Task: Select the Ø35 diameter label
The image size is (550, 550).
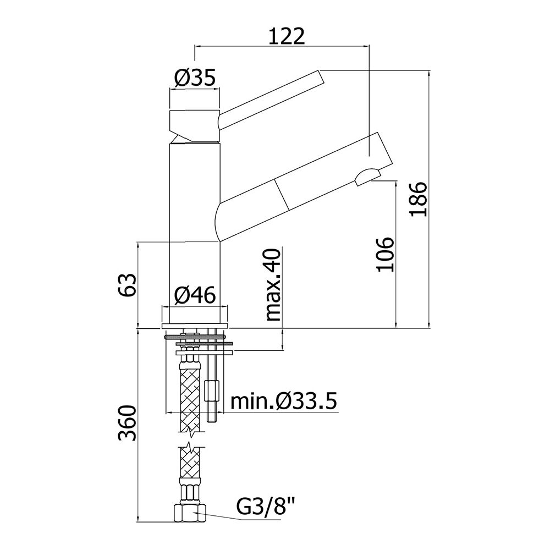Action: point(195,78)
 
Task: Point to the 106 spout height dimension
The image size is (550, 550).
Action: point(385,255)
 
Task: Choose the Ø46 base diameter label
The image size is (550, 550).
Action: point(195,295)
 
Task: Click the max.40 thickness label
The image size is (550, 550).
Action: point(273,284)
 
